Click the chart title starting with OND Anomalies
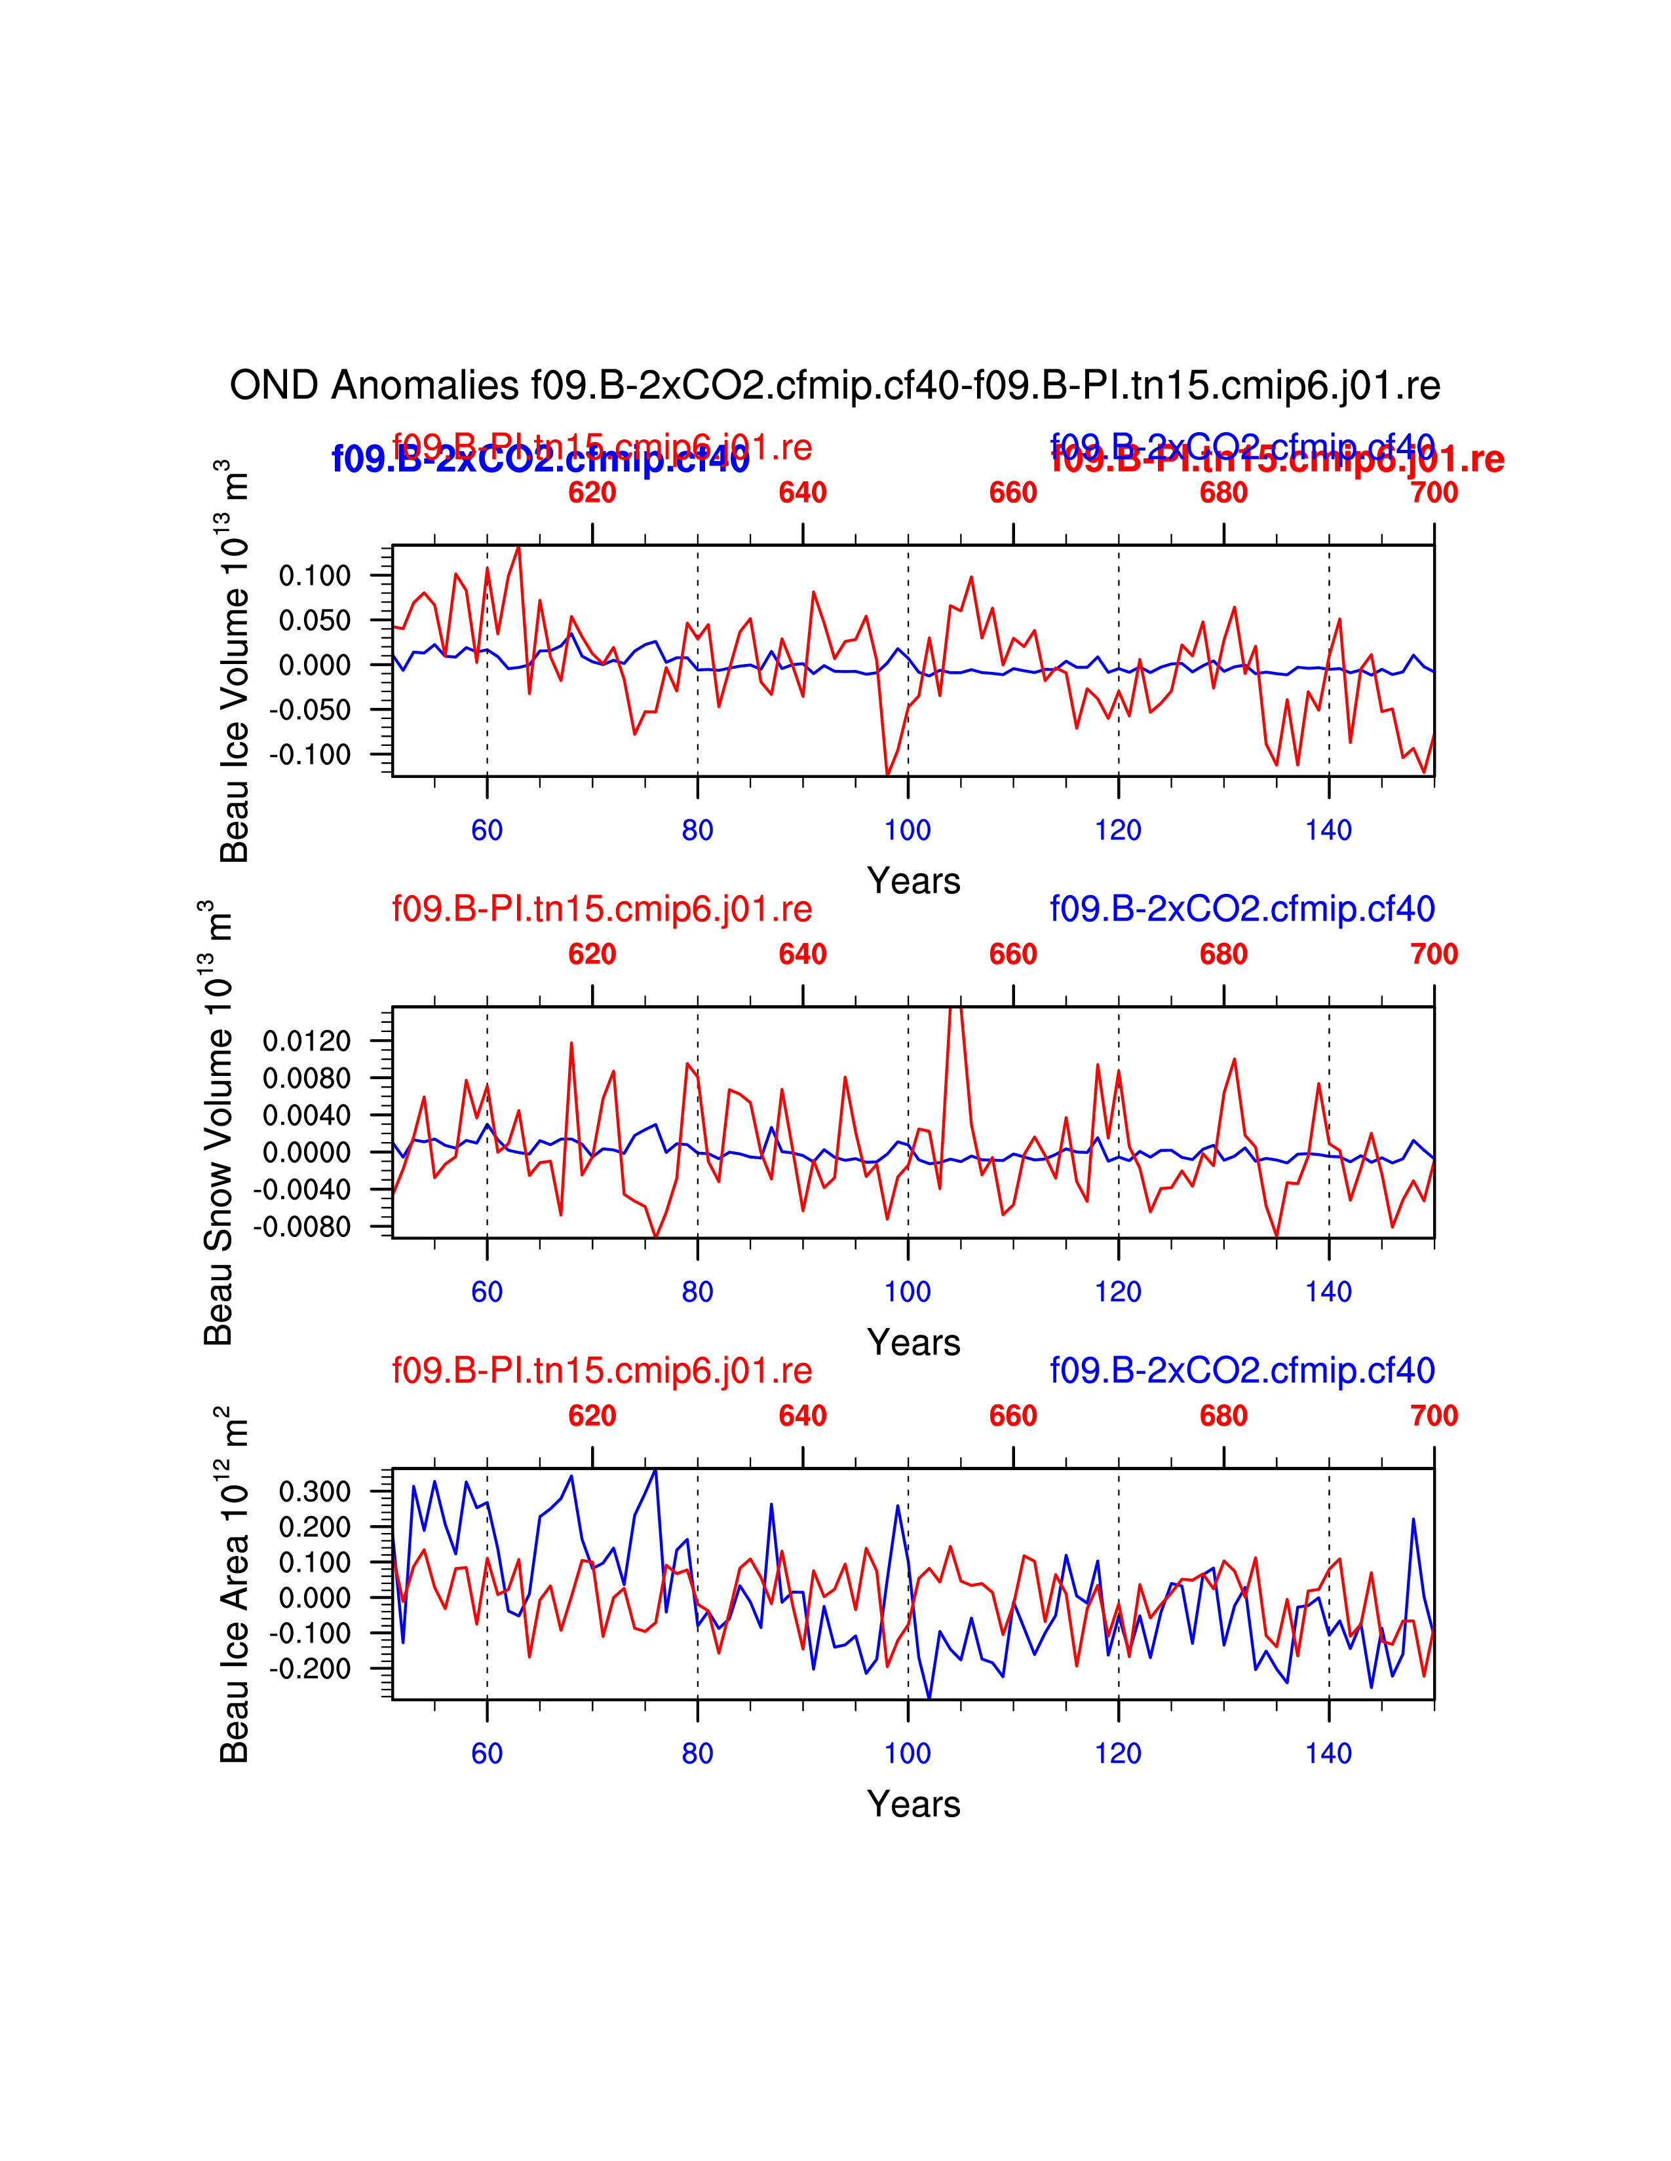pyautogui.click(x=834, y=385)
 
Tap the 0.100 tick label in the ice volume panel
pyautogui.click(x=315, y=576)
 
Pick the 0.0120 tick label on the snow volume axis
pyautogui.click(x=307, y=1041)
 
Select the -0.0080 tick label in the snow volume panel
pyautogui.click(x=303, y=1227)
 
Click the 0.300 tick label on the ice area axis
pyautogui.click(x=315, y=1492)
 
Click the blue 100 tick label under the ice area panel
pyautogui.click(x=908, y=1753)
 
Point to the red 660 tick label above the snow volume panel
pyautogui.click(x=1012, y=955)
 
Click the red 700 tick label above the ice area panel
pyautogui.click(x=1433, y=1416)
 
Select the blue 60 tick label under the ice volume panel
pyautogui.click(x=487, y=830)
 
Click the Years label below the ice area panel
pyautogui.click(x=913, y=1804)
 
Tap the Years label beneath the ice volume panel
pyautogui.click(x=913, y=881)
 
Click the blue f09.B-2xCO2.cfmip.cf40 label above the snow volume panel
pyautogui.click(x=1242, y=908)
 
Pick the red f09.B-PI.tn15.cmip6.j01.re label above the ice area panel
pyautogui.click(x=602, y=1371)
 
